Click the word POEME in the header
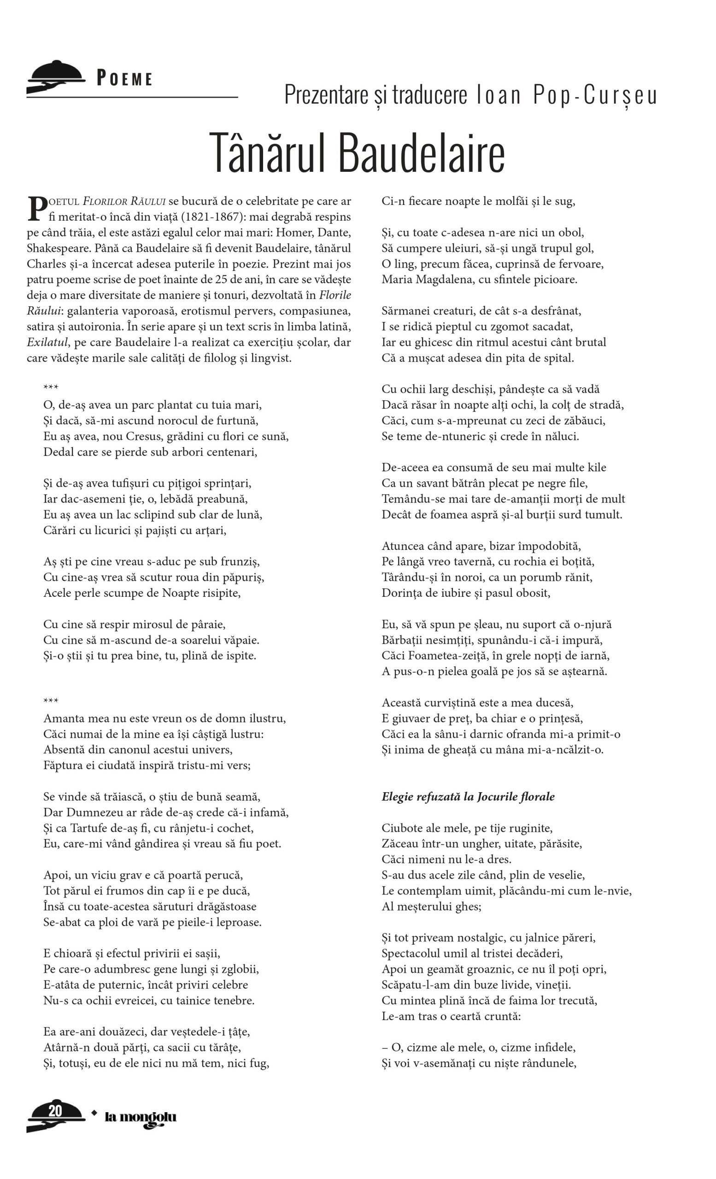[x=124, y=78]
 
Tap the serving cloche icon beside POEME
[x=55, y=76]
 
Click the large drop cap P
[x=37, y=209]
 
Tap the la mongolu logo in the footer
[x=140, y=1118]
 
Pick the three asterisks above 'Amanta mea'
[x=51, y=701]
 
